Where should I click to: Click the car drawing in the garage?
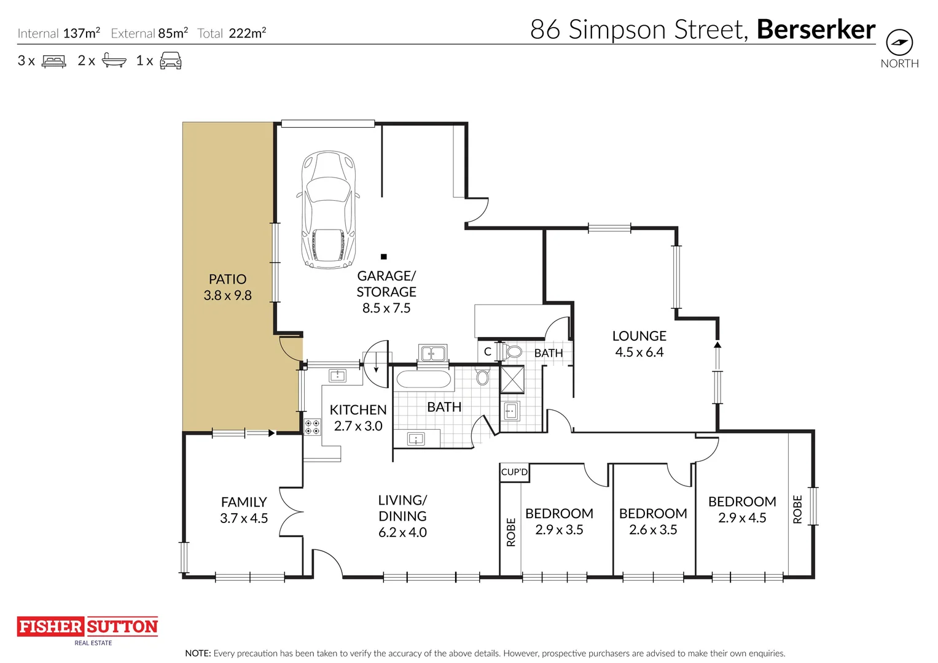tap(328, 210)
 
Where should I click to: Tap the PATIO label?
tap(227, 279)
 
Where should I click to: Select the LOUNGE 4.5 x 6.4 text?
tap(639, 344)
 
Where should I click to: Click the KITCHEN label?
tap(358, 410)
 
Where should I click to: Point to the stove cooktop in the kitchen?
tap(312, 427)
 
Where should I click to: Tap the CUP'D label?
tap(514, 472)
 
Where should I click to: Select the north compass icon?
tap(899, 43)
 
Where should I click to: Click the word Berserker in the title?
tap(816, 29)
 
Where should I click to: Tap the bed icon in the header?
tap(53, 61)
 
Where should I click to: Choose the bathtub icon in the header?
tap(114, 61)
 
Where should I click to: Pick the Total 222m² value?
tap(247, 34)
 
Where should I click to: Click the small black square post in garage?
tap(383, 257)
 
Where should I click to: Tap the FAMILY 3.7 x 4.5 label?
tap(244, 510)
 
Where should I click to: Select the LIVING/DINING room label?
tap(402, 508)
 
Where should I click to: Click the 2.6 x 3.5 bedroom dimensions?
tap(652, 530)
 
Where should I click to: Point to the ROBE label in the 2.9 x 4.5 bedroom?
tap(797, 509)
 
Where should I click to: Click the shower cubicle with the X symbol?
tap(512, 379)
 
